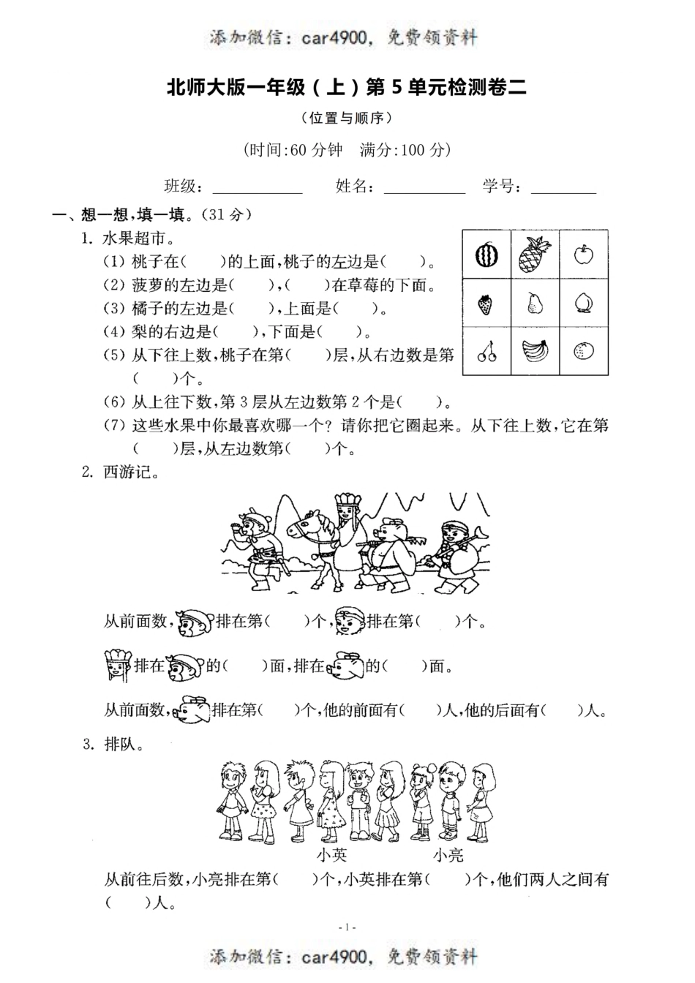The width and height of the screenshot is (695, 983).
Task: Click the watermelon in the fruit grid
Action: [487, 255]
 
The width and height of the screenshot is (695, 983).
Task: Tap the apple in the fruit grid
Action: [583, 255]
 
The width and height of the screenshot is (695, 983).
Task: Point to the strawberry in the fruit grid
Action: [486, 304]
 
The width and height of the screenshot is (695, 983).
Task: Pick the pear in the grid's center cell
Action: [535, 303]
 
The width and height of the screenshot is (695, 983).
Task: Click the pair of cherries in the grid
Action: [487, 353]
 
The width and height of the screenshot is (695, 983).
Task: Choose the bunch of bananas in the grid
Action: [535, 352]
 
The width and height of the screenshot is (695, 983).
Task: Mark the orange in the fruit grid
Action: [583, 352]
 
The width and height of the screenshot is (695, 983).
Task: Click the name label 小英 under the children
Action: [332, 854]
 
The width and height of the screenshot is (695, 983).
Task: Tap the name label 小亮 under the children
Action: [448, 854]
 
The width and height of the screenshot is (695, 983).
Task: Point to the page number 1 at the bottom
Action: [347, 927]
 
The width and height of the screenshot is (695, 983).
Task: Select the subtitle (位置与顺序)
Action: [347, 117]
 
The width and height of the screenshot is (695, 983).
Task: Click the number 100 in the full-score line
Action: [413, 150]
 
